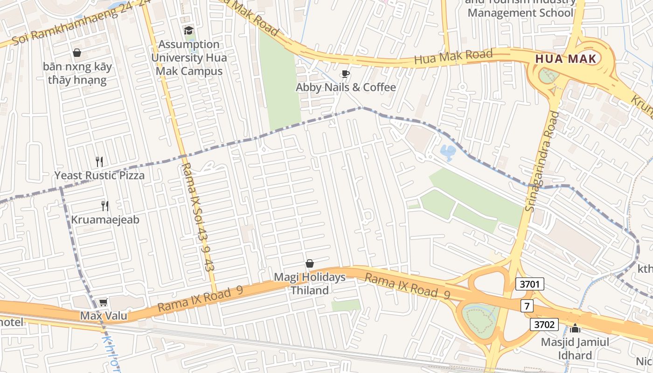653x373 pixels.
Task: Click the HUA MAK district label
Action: [x=566, y=59]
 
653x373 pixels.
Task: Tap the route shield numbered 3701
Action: [x=530, y=284]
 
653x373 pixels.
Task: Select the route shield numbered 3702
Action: [x=544, y=324]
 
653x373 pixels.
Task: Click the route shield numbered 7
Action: [x=527, y=306]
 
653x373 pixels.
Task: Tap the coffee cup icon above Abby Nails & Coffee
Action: [x=345, y=74]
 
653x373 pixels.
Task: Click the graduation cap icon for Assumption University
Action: [x=188, y=31]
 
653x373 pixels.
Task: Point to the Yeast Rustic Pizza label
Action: [x=99, y=176]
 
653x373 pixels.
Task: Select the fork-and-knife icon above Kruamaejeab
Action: [x=105, y=206]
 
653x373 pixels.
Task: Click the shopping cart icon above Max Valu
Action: [x=103, y=302]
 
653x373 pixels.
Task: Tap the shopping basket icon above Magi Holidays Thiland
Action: [x=309, y=264]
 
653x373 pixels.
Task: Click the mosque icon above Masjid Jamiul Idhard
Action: [x=575, y=328]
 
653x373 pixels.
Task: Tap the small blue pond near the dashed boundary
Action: [x=448, y=152]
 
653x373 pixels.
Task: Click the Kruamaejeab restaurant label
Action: [x=105, y=220]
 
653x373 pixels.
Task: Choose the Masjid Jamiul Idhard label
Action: [x=575, y=349]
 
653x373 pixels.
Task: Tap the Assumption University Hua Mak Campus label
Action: [x=188, y=58]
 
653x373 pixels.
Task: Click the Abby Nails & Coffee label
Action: [x=346, y=88]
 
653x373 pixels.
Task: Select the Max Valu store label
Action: [x=104, y=316]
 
